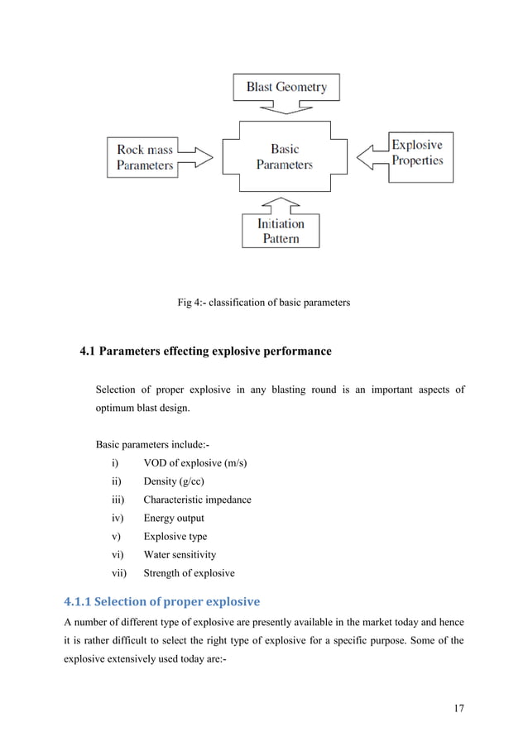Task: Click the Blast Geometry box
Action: [286, 87]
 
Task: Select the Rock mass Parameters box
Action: [145, 157]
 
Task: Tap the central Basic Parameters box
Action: [284, 157]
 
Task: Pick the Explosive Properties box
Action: [416, 153]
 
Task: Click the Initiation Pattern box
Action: [280, 231]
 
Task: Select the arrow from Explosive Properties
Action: [372, 154]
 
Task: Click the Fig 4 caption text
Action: [263, 303]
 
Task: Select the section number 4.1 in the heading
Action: [87, 351]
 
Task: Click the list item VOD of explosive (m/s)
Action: [194, 462]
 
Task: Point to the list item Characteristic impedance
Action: [197, 500]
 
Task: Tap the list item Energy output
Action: [174, 518]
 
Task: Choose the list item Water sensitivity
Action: [180, 555]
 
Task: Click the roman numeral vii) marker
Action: [120, 573]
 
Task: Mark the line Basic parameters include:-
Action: [146, 444]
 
